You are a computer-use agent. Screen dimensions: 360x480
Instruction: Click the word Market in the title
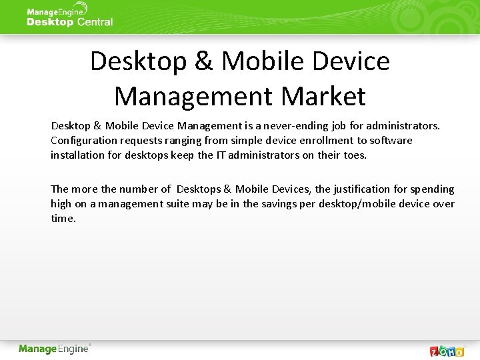[323, 96]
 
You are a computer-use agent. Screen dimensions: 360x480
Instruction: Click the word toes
[354, 155]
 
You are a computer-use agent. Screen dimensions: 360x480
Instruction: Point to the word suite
[176, 204]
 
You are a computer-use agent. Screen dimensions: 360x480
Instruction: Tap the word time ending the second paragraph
[63, 219]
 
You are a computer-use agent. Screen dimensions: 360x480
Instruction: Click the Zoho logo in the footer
[447, 351]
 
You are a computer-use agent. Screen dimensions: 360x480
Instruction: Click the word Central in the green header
[95, 22]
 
